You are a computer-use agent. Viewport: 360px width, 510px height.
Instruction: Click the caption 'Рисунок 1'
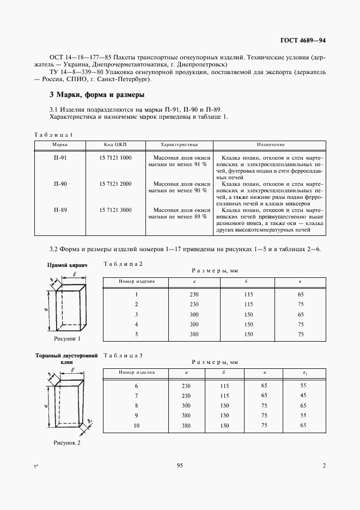point(67,338)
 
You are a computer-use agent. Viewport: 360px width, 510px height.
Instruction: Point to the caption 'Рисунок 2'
point(67,443)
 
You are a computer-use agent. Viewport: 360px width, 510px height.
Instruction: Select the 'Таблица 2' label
point(123,264)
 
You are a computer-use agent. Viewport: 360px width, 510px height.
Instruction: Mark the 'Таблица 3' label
point(123,355)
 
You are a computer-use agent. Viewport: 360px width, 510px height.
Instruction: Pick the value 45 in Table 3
point(303,396)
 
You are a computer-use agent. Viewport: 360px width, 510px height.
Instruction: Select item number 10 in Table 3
point(137,425)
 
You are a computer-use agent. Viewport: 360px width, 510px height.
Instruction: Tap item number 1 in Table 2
point(137,294)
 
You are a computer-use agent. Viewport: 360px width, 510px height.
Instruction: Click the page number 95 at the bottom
point(180,465)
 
